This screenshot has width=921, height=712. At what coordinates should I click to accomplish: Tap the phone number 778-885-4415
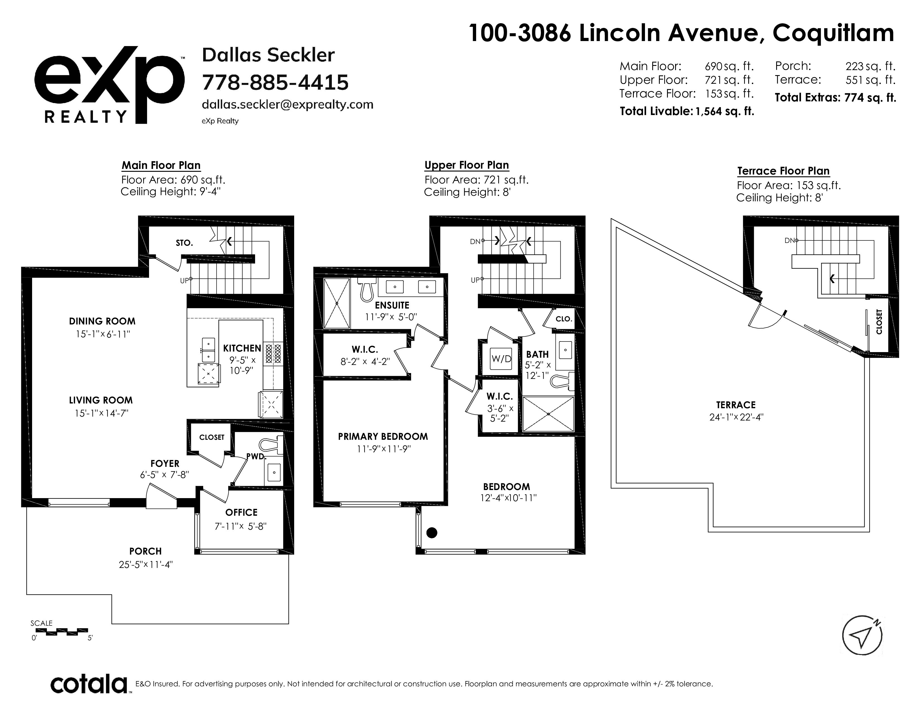tap(275, 82)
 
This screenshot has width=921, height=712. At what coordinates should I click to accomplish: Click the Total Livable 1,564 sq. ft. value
tap(725, 111)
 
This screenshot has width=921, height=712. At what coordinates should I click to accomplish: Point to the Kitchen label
tap(242, 348)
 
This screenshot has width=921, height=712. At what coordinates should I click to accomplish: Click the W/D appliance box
tap(502, 359)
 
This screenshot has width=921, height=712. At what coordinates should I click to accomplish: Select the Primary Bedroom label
tap(383, 437)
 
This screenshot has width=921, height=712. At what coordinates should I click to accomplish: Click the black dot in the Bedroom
tap(432, 533)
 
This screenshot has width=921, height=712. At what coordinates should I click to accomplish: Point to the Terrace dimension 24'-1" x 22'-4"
tap(736, 417)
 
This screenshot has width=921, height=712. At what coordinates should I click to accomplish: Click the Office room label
tap(241, 512)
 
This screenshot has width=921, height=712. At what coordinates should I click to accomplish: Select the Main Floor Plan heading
tap(161, 165)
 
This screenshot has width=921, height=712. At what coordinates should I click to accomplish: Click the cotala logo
tap(89, 684)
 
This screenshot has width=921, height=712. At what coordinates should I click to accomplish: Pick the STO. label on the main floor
tap(184, 243)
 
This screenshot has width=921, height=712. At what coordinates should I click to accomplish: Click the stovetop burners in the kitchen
tap(273, 354)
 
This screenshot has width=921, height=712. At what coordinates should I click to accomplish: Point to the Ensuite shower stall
tap(337, 303)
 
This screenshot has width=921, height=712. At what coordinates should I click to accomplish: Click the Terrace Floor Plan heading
tap(783, 171)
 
